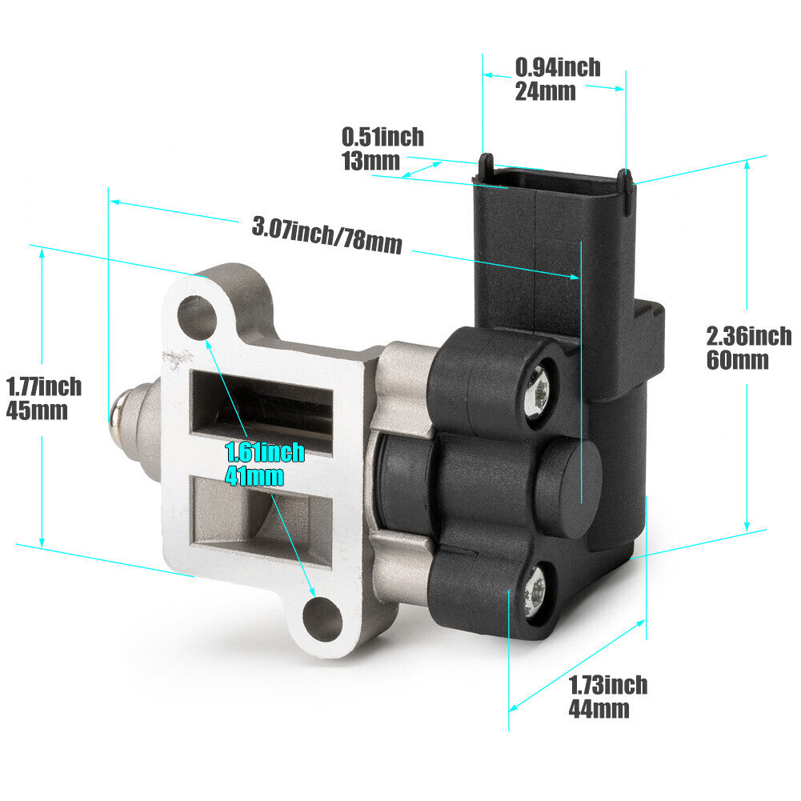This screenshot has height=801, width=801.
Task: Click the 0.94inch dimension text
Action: pyautogui.click(x=557, y=67)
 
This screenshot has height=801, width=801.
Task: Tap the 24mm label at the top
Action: pyautogui.click(x=545, y=91)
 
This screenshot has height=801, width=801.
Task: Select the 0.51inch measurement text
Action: pyautogui.click(x=382, y=137)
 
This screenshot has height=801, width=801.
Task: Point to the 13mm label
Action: pyautogui.click(x=370, y=161)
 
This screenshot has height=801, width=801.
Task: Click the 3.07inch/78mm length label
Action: pyautogui.click(x=327, y=235)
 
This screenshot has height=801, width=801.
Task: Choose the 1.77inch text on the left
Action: pyautogui.click(x=44, y=386)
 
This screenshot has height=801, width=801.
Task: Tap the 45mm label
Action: pyautogui.click(x=37, y=411)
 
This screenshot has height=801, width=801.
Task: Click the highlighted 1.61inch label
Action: pyautogui.click(x=265, y=452)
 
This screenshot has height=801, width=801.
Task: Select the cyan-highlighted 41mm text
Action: pyautogui.click(x=254, y=476)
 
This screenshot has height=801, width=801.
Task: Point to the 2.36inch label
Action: pyautogui.click(x=749, y=336)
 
